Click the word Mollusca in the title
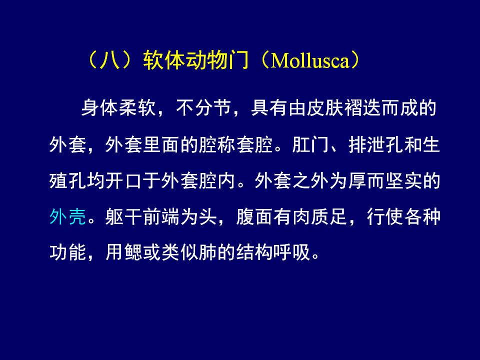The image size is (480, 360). (310, 60)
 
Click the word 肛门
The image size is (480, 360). (310, 144)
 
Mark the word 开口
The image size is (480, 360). (124, 181)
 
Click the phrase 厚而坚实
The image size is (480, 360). (385, 181)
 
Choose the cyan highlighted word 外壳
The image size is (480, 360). (68, 217)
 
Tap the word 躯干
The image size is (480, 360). (124, 217)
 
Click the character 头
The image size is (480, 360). (208, 217)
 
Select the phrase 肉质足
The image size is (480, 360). (320, 217)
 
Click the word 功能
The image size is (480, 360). (68, 252)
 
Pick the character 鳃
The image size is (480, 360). (133, 252)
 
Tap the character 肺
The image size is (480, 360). (208, 252)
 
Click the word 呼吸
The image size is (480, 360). (292, 252)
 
